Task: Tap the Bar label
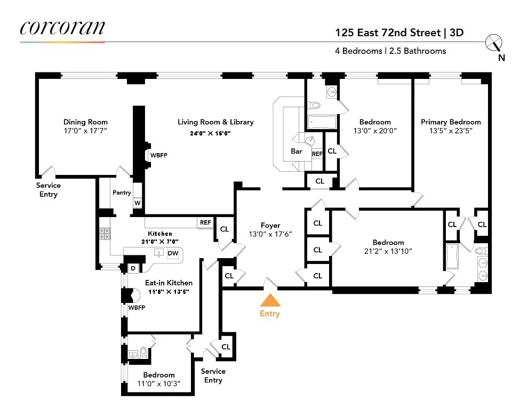[297, 151]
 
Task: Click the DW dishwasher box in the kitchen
[173, 254]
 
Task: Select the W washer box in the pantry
[137, 203]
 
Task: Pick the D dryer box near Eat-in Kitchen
[133, 268]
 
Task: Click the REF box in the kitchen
[205, 222]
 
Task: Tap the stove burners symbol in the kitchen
[103, 233]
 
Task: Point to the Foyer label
[270, 226]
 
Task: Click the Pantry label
[122, 193]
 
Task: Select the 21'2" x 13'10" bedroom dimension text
[388, 251]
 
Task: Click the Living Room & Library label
[215, 122]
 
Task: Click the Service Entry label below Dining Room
[48, 190]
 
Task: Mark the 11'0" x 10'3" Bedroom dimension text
[158, 384]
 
